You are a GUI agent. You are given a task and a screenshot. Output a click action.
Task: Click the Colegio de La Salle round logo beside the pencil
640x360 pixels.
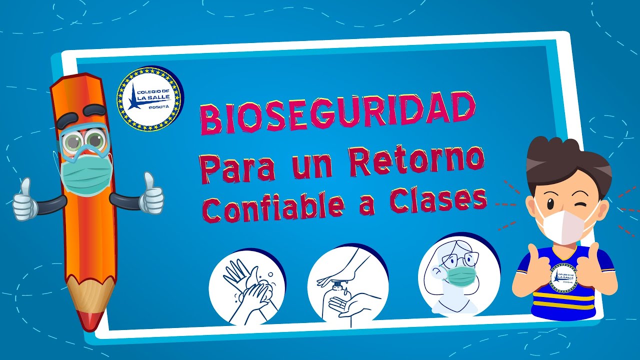pos(150,98)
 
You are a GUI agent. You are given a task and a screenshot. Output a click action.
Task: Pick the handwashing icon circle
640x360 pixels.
pos(247,287)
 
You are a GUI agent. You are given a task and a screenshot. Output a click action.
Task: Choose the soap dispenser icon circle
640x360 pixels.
pos(347,285)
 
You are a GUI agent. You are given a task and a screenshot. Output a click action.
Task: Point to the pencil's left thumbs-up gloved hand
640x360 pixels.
pos(25,200)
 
